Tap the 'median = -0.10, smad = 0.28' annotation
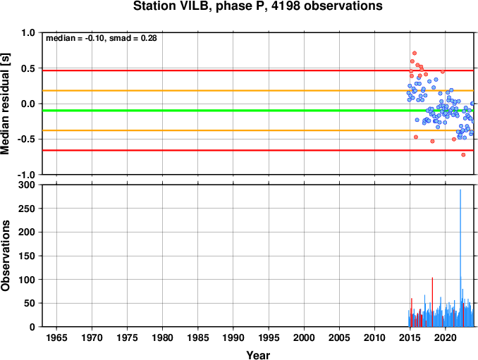[102, 38]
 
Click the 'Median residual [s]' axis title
[5, 104]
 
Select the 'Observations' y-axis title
[5, 256]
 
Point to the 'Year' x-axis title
[258, 355]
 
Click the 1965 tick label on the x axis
[56, 337]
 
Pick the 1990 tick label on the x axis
[233, 337]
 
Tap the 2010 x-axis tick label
[374, 337]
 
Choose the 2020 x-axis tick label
[446, 337]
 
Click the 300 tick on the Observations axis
[27, 185]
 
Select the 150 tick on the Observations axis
[27, 256]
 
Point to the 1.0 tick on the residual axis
[28, 32]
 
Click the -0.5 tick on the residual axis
[26, 139]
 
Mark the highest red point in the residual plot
[415, 54]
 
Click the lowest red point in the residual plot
[463, 155]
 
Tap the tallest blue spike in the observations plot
[460, 258]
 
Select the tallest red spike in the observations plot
[432, 302]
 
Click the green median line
[258, 111]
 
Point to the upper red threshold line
[258, 70]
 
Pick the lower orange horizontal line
[258, 130]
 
